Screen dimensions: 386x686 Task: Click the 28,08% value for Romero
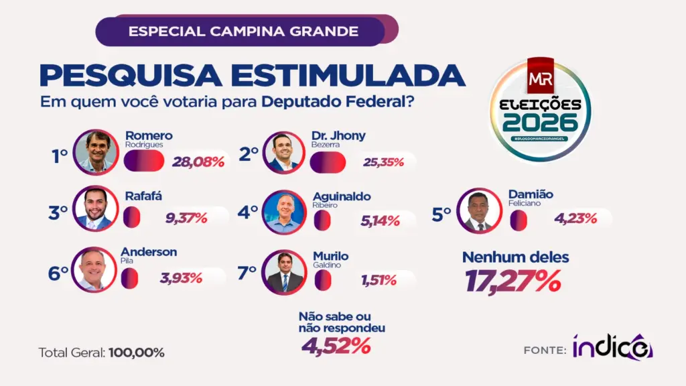198,162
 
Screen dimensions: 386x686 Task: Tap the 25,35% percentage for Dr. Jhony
387,162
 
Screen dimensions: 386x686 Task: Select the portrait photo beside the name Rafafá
94,208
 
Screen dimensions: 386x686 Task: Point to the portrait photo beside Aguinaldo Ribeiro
284,212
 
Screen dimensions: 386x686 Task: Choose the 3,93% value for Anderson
181,277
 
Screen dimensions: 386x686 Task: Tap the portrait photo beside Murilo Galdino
284,272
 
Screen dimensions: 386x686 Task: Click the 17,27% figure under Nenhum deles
513,281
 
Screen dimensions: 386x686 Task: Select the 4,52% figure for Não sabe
336,346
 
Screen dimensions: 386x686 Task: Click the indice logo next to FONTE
612,347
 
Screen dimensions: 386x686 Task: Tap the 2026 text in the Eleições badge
540,123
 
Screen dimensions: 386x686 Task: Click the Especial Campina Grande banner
243,31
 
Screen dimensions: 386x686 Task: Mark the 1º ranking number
60,155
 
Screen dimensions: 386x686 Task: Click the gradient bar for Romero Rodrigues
143,161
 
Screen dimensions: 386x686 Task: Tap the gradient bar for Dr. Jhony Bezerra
328,162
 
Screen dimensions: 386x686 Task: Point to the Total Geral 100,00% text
101,352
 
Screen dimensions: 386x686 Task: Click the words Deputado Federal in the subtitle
337,103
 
